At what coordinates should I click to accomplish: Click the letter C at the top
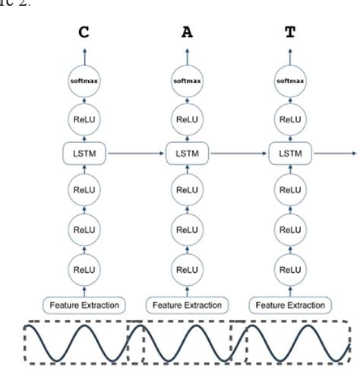(84, 33)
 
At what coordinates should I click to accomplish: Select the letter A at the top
(186, 33)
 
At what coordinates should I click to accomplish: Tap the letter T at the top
(289, 33)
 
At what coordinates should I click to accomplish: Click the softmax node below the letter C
(84, 81)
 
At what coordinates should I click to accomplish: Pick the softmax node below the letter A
(186, 81)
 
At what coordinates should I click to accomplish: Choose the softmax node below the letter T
(289, 81)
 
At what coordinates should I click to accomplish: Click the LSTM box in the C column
(84, 154)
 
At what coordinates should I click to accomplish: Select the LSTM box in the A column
(186, 154)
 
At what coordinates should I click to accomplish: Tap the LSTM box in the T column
(289, 154)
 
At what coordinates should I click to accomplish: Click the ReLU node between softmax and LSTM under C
(84, 119)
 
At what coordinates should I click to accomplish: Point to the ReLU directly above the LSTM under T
(289, 119)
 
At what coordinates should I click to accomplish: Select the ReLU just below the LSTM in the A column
(186, 190)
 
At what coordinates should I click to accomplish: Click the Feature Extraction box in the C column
(84, 305)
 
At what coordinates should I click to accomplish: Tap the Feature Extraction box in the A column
(186, 305)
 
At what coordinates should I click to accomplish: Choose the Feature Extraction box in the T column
(289, 305)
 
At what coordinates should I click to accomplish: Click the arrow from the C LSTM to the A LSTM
(135, 154)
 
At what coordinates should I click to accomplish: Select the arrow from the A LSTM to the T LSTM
(238, 154)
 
